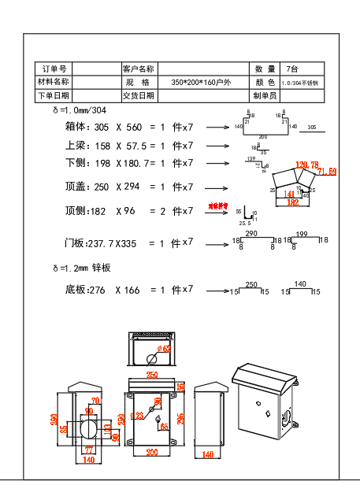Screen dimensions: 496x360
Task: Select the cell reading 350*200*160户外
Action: (201, 82)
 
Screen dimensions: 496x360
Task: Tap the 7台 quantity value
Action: (292, 69)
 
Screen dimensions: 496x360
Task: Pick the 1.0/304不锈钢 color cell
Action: (299, 82)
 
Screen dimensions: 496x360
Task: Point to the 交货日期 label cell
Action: (139, 95)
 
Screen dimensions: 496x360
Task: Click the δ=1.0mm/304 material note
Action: (84, 110)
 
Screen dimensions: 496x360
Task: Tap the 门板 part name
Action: (76, 244)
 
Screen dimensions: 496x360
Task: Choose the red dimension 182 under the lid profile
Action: (292, 202)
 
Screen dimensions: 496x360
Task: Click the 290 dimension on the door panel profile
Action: (251, 234)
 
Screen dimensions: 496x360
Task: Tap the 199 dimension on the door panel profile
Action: (301, 234)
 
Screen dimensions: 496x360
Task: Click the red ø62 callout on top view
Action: (164, 348)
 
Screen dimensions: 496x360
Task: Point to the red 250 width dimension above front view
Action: (151, 375)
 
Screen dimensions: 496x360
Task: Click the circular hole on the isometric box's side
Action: (287, 417)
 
